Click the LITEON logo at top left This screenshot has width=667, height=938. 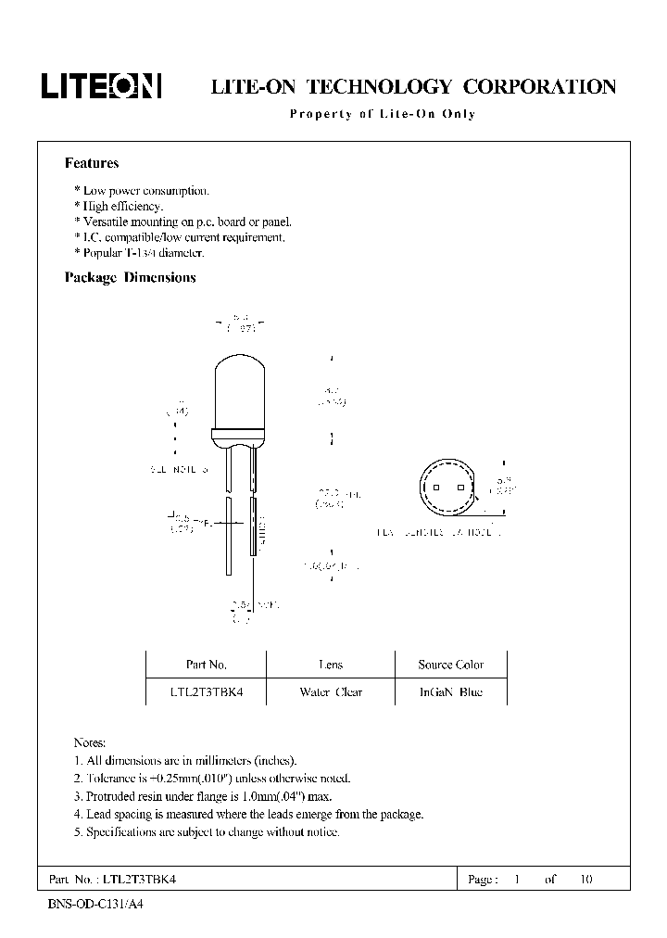pos(101,86)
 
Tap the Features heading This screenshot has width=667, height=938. pos(92,163)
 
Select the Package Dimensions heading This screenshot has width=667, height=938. pos(130,277)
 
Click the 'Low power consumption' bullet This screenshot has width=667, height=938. pos(142,191)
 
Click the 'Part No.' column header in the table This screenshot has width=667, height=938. pos(206,665)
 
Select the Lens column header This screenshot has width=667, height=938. pos(330,665)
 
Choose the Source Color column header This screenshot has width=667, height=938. pos(450,665)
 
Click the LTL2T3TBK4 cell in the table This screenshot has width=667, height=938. pos(206,692)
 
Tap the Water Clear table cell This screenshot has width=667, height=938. pos(330,692)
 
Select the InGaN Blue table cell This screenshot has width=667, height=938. pos(450,692)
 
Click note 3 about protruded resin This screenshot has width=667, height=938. pos(202,796)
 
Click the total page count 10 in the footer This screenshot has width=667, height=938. pos(585,880)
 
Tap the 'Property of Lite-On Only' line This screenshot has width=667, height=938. pos(382,114)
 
